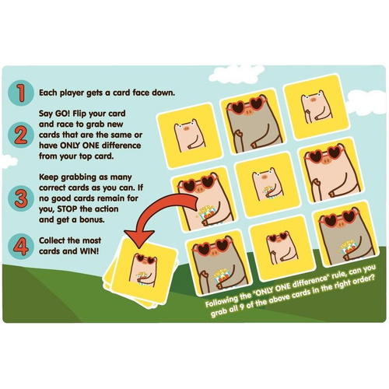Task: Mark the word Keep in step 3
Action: click(51, 177)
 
